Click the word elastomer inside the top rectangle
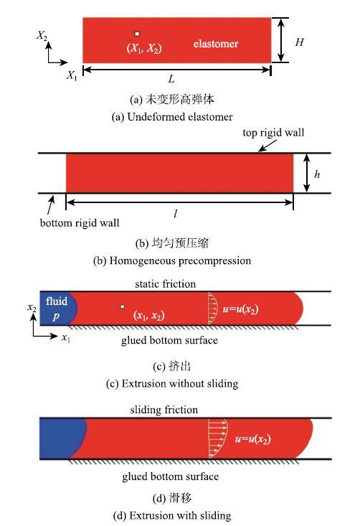coord(216,44)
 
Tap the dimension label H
coord(299,42)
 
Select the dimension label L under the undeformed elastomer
coord(171,79)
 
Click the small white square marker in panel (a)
coord(137,34)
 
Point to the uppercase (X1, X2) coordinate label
coord(144,48)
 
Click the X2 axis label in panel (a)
coord(42,35)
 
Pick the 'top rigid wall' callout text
coord(273,133)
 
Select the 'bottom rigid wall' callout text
coord(80,222)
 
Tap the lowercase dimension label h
coord(317,174)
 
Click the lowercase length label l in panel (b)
coord(175,213)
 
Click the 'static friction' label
coord(165,284)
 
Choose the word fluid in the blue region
coord(57,301)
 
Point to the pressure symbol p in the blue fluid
coord(56,316)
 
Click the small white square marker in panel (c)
coord(123,306)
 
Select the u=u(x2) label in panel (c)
coord(240,309)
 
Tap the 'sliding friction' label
coord(164,410)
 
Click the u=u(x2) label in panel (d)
coord(252,439)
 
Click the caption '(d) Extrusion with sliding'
coord(172,515)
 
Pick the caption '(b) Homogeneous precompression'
coord(172,260)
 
